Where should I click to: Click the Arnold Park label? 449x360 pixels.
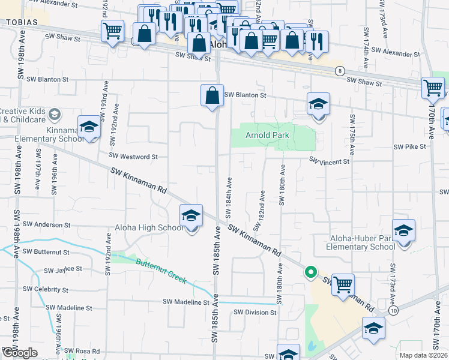[267, 135]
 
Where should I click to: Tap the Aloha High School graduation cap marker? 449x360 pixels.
[191, 215]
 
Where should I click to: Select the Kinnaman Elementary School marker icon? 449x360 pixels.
[89, 127]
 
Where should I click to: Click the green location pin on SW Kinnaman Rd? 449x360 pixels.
[310, 272]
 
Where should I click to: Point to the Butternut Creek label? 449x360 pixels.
[161, 271]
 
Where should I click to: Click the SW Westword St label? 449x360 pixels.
[130, 157]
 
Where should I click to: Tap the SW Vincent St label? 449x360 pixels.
[329, 161]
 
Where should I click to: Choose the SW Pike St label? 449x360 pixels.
[409, 146]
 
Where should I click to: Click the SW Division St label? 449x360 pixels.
[255, 313]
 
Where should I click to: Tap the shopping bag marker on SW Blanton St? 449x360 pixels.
[212, 95]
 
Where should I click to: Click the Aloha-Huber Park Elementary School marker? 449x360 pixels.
[403, 230]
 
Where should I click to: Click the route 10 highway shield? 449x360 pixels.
[393, 311]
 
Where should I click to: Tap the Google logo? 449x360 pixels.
[19, 353]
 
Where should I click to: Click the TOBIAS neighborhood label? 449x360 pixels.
[22, 22]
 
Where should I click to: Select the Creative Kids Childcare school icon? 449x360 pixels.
[54, 114]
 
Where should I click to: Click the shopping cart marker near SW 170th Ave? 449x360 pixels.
[433, 88]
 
